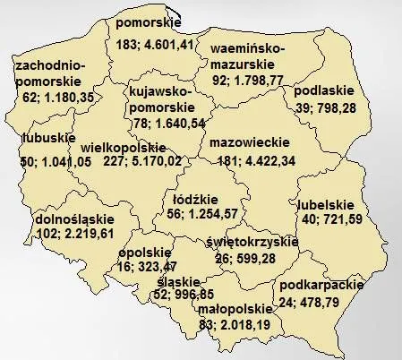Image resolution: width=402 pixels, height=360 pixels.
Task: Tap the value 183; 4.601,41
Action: [158, 43]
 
